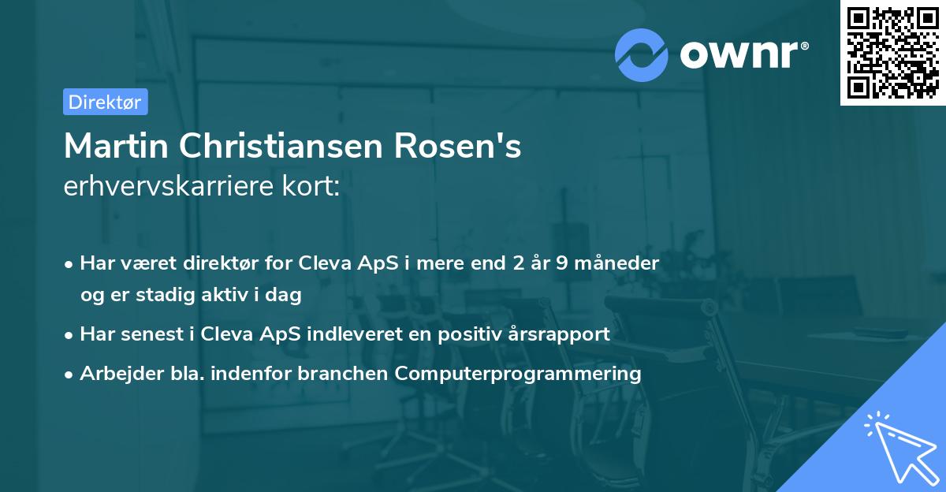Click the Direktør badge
pos(105,102)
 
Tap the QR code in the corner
pos(892,52)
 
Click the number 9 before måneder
pos(561,263)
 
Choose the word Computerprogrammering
pos(518,373)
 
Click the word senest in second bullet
pos(147,334)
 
